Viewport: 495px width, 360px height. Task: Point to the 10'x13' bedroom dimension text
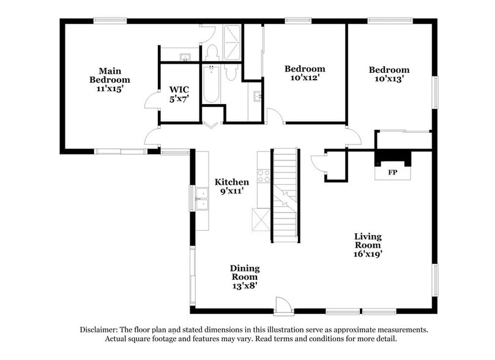click(389, 79)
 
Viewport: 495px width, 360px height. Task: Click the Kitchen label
click(231, 182)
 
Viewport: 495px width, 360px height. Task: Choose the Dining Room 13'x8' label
click(245, 277)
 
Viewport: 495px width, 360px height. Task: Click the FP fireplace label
click(393, 173)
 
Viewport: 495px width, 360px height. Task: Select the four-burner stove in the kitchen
click(264, 176)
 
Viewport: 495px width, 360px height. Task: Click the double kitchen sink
click(202, 198)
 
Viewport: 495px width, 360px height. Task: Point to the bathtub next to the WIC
click(211, 84)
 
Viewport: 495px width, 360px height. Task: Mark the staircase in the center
click(285, 195)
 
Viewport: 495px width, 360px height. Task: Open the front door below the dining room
click(283, 305)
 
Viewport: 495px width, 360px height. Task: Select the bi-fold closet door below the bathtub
click(212, 125)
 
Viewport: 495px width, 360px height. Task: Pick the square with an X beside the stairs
click(261, 219)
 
